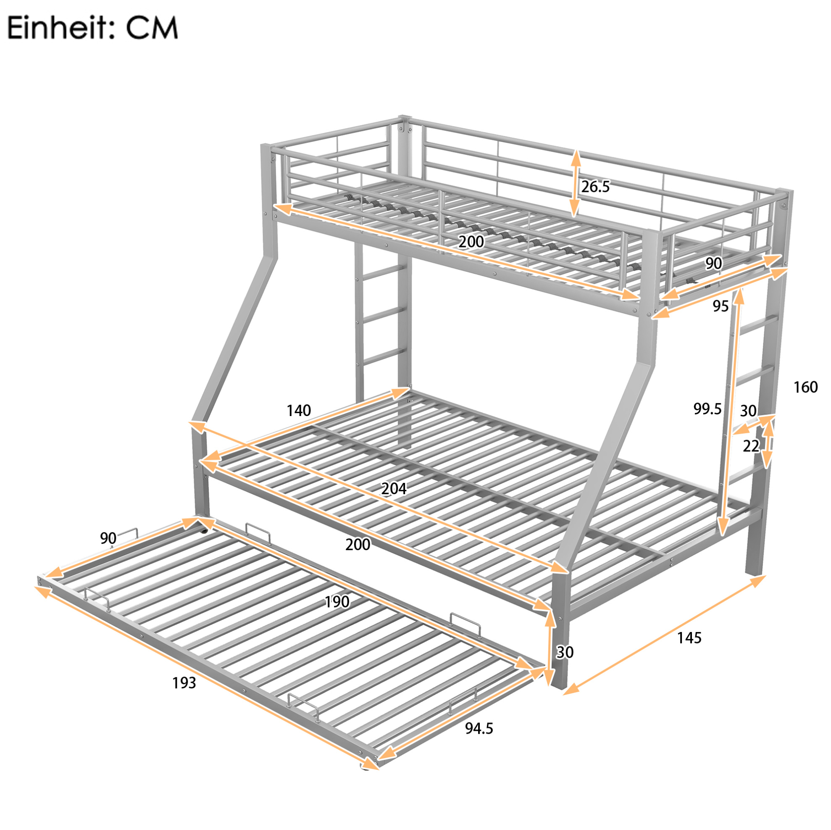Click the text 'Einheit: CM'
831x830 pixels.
click(92, 29)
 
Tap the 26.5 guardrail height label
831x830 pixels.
click(595, 186)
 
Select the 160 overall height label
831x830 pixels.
click(805, 387)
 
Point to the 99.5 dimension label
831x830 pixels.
click(707, 409)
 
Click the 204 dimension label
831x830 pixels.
click(394, 488)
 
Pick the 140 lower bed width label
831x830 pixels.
click(299, 411)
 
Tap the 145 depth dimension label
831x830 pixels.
click(689, 638)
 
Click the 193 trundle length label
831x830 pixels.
click(184, 682)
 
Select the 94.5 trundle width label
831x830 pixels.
click(479, 728)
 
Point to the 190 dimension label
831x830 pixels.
click(337, 602)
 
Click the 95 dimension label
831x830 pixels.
click(721, 306)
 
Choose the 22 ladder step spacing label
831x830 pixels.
click(751, 446)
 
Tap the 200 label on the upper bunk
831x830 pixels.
click(471, 242)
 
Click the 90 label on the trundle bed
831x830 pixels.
click(108, 538)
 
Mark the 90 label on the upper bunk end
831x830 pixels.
click(713, 263)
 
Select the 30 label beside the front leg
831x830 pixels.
click(565, 652)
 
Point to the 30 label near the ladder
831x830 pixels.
click(748, 411)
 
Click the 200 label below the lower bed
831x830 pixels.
click(358, 545)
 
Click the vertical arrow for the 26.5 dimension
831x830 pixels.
click(575, 183)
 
